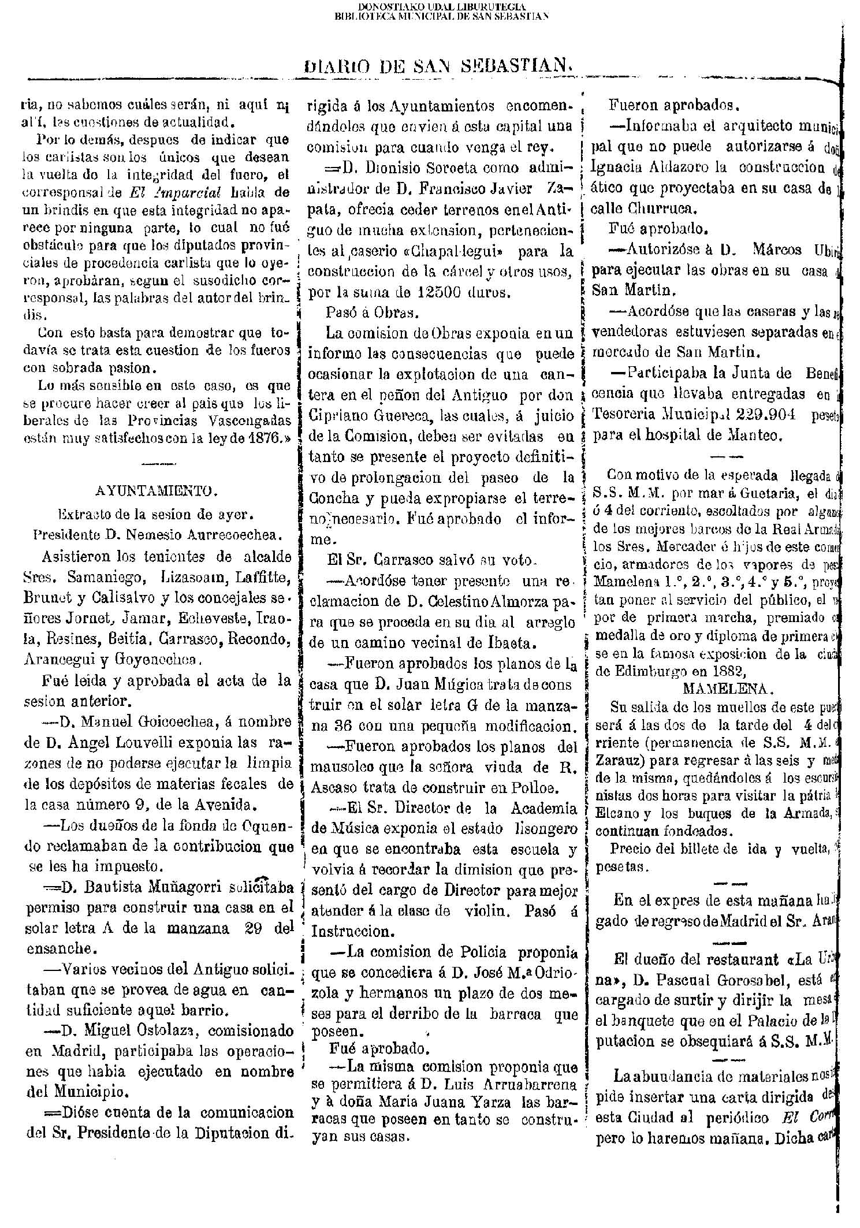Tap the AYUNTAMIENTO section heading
pyautogui.click(x=156, y=491)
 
